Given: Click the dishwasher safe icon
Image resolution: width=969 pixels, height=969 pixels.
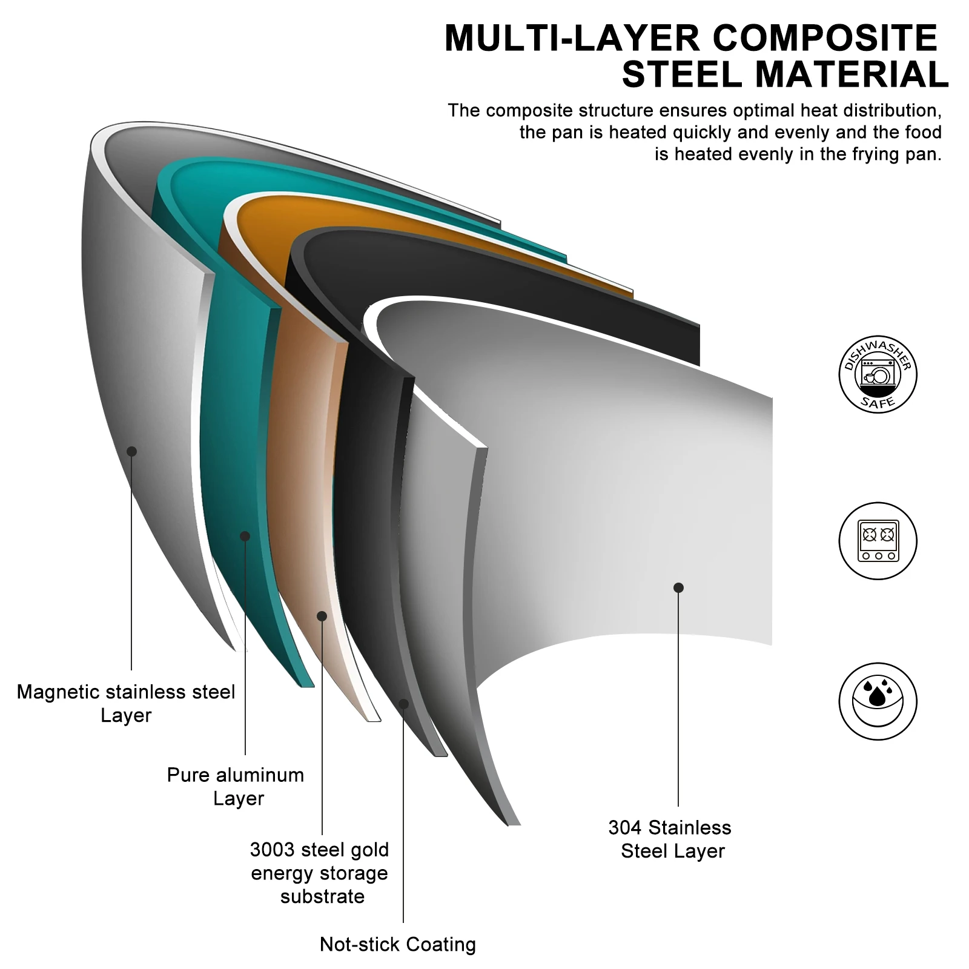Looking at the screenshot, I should pos(878,374).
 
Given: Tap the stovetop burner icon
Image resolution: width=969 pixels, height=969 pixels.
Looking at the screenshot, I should pos(878,540).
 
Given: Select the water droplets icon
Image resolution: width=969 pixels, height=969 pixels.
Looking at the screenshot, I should pos(878,701).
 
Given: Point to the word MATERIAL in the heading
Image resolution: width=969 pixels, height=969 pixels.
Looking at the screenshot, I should pos(852,75).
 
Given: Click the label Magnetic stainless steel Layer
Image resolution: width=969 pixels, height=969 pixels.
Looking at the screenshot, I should pos(126,703).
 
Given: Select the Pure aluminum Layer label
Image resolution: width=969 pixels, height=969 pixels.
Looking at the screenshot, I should pos(236,786).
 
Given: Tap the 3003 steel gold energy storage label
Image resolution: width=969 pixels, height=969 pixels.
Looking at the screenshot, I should pos(320,873).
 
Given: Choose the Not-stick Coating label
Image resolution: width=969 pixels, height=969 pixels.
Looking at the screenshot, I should pos(398,944).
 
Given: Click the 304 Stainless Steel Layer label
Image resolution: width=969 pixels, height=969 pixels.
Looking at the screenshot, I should pos(670,839).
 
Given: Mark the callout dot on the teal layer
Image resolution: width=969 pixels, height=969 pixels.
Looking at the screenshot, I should pos(245,536).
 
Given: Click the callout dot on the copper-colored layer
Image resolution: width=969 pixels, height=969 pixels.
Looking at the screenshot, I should pos(322,616).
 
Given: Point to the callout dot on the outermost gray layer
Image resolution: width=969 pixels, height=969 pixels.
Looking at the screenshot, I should pos(131,451).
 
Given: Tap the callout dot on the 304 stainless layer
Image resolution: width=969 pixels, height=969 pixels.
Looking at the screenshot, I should pos(678,587).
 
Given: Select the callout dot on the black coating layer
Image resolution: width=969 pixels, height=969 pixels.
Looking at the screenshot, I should pos(403,704).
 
